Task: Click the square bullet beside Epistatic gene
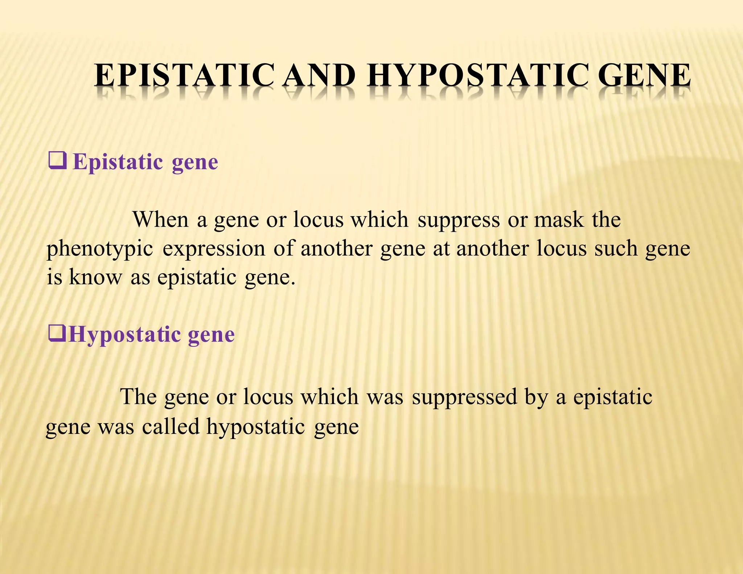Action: (57, 161)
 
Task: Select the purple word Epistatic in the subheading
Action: (118, 162)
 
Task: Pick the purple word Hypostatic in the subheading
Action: (125, 335)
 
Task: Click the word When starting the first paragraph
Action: (161, 220)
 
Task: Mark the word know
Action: (95, 277)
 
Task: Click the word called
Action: (171, 426)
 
